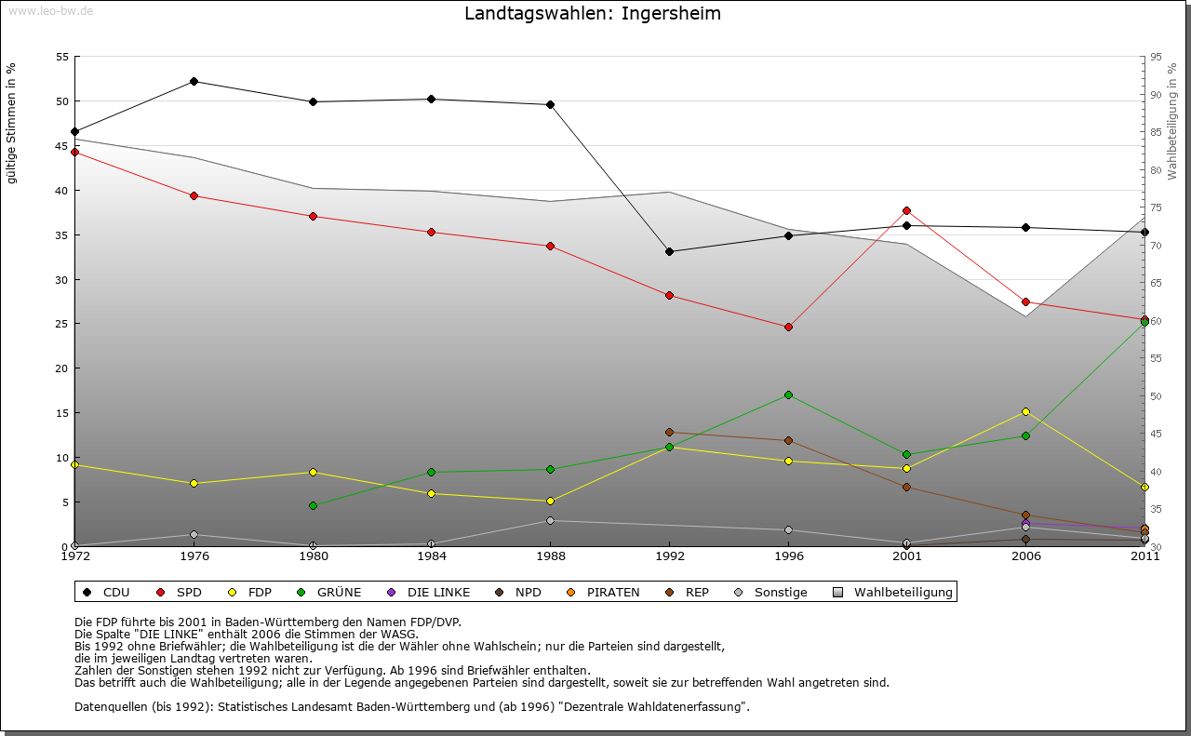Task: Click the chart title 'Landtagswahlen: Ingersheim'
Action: [x=593, y=14]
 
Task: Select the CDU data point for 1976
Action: [x=194, y=81]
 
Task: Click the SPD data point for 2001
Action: [x=906, y=210]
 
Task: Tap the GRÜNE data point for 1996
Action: [x=788, y=395]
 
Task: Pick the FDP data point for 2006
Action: [x=1025, y=411]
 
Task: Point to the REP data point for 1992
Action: [x=669, y=432]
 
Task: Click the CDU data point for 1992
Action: [x=669, y=251]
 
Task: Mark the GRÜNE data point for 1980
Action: [x=313, y=505]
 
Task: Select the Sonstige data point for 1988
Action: [x=551, y=520]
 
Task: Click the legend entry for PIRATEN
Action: [x=612, y=592]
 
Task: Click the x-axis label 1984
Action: [x=432, y=556]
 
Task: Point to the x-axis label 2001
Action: [x=906, y=556]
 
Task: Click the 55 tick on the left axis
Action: [x=61, y=57]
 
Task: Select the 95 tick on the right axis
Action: [x=1156, y=57]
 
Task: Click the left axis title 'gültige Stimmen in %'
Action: [x=12, y=123]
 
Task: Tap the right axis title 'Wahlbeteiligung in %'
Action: [x=1172, y=121]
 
